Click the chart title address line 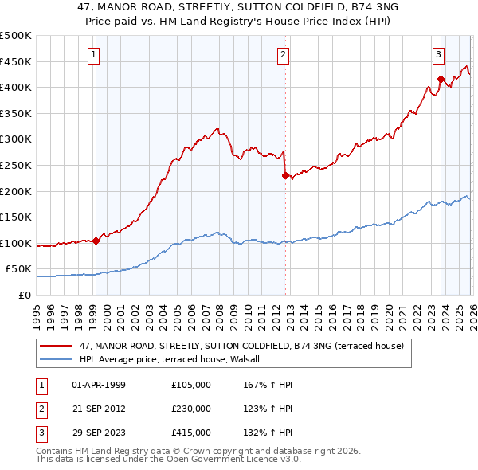click(x=238, y=7)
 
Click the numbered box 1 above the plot click(x=95, y=55)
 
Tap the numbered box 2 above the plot click(x=283, y=55)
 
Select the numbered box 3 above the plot click(x=438, y=55)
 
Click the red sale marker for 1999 click(x=96, y=240)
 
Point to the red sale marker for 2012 click(x=284, y=176)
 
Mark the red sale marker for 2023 click(x=440, y=79)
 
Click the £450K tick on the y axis click(x=16, y=61)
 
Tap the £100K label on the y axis click(x=16, y=243)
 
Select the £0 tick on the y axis click(x=25, y=295)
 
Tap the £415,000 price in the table click(x=190, y=433)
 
